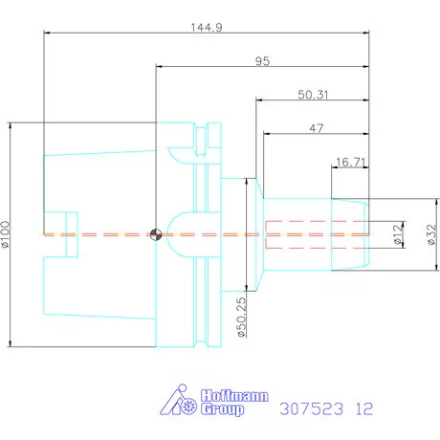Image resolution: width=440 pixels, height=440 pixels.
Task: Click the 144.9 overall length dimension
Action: tap(207, 28)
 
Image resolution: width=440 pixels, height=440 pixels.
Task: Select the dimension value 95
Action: tap(263, 61)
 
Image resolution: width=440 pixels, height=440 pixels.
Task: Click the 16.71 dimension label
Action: tap(350, 163)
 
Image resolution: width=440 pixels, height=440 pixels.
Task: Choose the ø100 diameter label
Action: tap(7, 233)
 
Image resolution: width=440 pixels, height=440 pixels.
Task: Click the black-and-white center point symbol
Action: tap(155, 233)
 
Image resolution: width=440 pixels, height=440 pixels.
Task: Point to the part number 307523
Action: tap(312, 408)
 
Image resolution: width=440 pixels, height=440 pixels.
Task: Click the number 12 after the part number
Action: tap(363, 408)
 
